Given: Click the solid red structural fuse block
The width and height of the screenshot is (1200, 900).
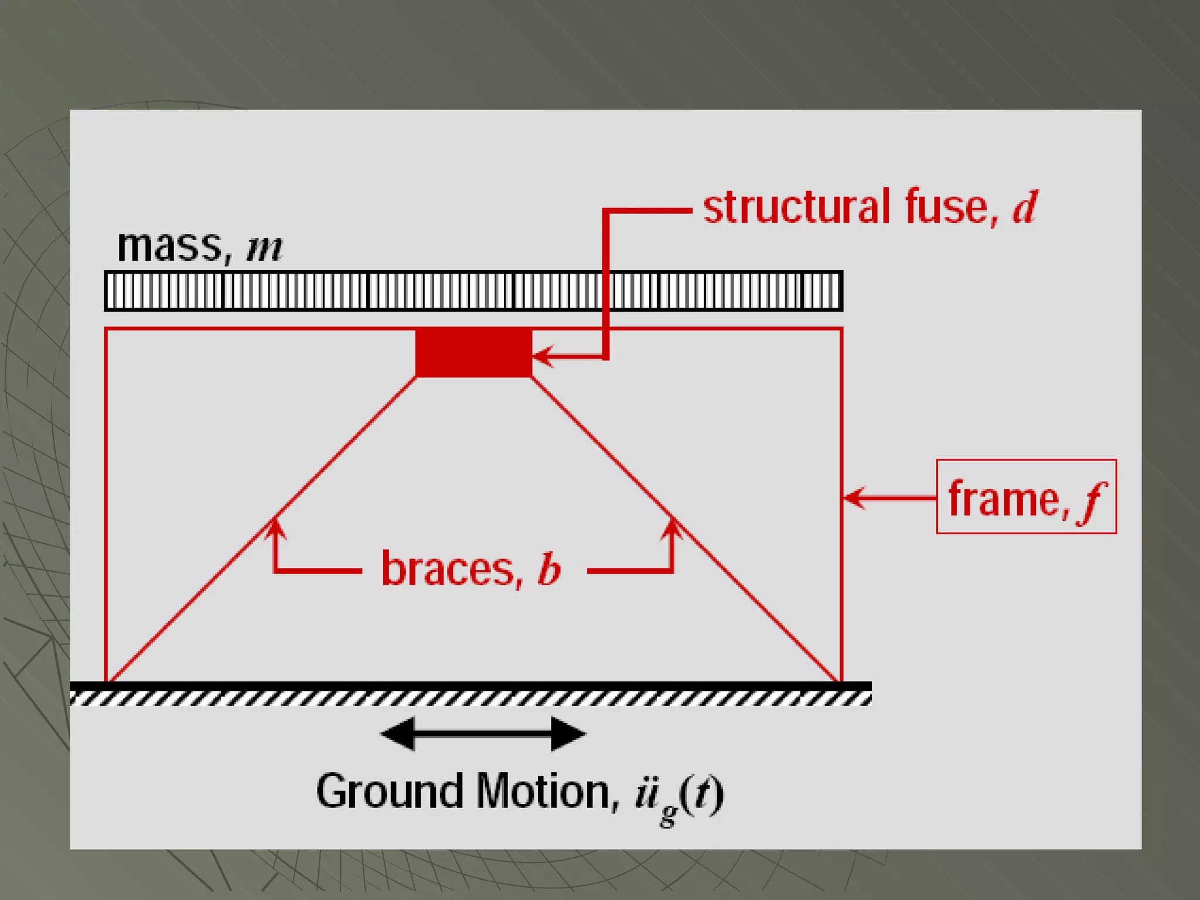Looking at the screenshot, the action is pos(473,353).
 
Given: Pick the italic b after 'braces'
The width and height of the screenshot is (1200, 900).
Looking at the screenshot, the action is pos(548,568).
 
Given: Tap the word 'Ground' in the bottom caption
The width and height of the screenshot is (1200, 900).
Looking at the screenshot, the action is pos(390,792).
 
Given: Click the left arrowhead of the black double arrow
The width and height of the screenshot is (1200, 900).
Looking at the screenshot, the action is pos(398,734).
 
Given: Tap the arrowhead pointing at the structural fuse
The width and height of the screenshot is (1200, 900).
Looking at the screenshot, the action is pos(543,356).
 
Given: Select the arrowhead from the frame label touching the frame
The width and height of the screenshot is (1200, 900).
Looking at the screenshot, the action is pos(854,498).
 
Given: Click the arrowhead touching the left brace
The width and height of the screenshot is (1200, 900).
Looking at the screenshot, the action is pos(275,527).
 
